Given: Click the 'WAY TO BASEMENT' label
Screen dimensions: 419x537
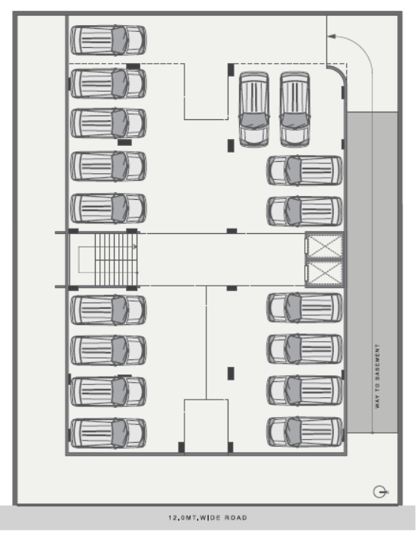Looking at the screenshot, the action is tap(377, 376).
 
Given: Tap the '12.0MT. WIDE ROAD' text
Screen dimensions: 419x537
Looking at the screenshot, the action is tap(207, 517).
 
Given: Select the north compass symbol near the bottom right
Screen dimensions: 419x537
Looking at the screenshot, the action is tap(380, 491).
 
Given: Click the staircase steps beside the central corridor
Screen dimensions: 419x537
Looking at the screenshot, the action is tap(116, 260).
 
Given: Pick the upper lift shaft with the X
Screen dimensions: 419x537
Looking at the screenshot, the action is tap(325, 246).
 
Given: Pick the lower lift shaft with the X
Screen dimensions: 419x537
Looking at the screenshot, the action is tap(325, 273).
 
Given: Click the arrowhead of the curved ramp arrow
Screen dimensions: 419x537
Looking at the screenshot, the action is tap(332, 36).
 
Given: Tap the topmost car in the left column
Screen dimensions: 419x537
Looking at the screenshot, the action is tap(109, 40).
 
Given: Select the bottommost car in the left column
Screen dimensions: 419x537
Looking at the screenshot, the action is tap(109, 433).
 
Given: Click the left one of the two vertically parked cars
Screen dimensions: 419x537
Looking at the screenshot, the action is tap(254, 109).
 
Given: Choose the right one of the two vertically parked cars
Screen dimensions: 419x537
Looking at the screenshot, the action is tap(295, 109).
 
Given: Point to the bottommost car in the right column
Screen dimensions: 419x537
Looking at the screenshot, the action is tap(304, 432).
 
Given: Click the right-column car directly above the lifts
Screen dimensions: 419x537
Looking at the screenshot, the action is tap(304, 211).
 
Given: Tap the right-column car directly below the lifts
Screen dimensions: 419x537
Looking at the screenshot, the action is tap(304, 307).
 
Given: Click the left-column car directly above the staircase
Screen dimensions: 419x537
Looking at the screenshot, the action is tap(109, 208).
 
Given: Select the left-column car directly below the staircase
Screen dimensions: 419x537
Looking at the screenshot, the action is tap(109, 310).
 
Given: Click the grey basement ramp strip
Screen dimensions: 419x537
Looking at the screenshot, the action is tap(373, 272).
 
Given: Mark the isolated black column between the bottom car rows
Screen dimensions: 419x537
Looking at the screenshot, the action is tap(231, 373).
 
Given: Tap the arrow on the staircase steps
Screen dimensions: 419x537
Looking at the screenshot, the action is tap(134, 246).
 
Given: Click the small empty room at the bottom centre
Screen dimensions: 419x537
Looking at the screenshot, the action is tap(206, 426).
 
